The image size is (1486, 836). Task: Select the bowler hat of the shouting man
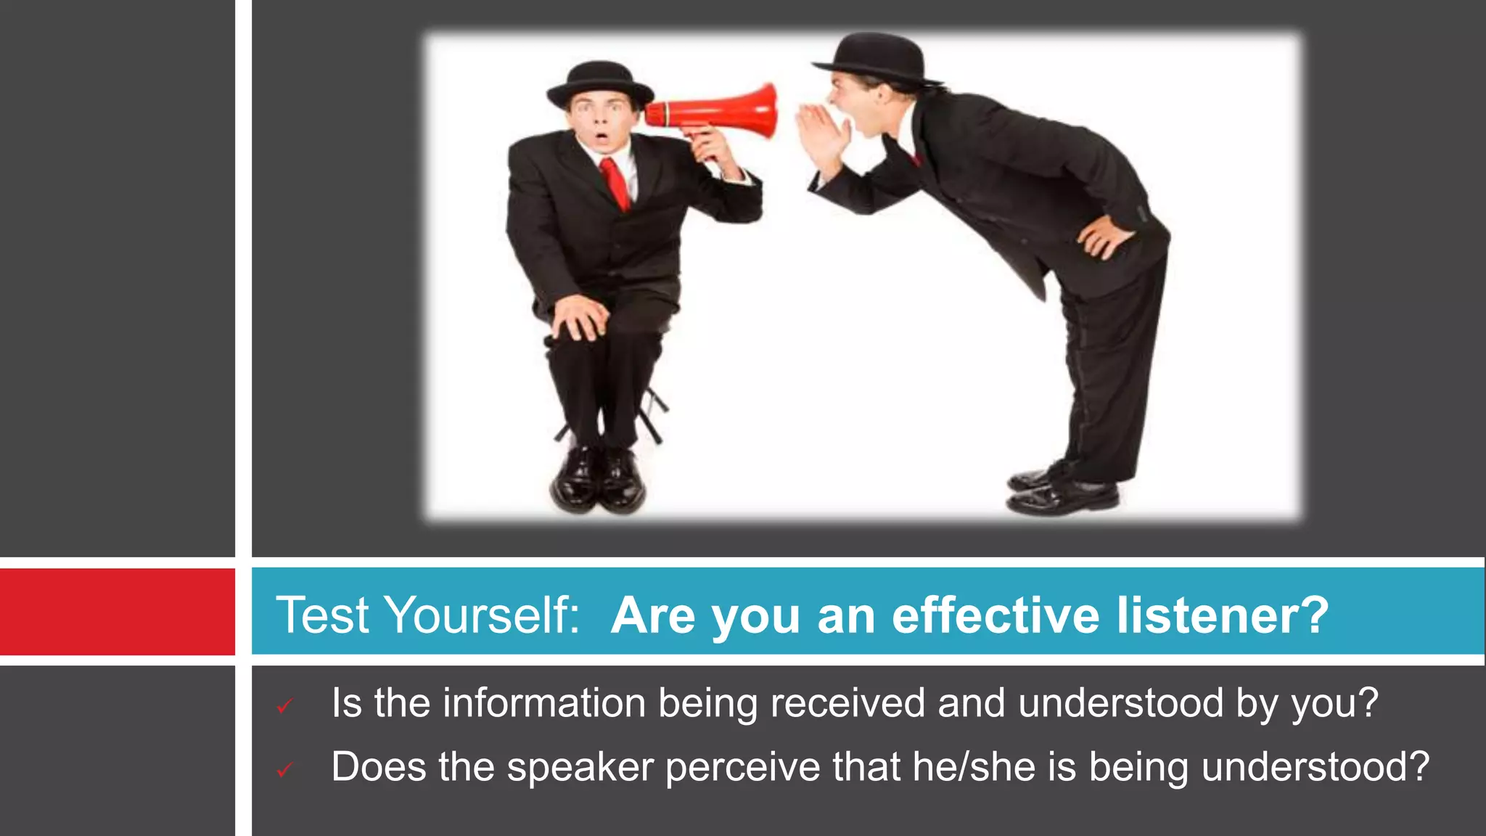(877, 58)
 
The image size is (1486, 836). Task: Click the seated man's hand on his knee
(579, 318)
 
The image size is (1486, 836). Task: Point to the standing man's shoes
(1063, 490)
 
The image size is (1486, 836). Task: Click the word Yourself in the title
(483, 615)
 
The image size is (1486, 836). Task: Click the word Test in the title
(323, 615)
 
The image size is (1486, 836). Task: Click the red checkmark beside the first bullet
(284, 706)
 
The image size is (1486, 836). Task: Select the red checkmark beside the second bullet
(284, 770)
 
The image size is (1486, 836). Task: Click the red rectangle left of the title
(117, 612)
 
